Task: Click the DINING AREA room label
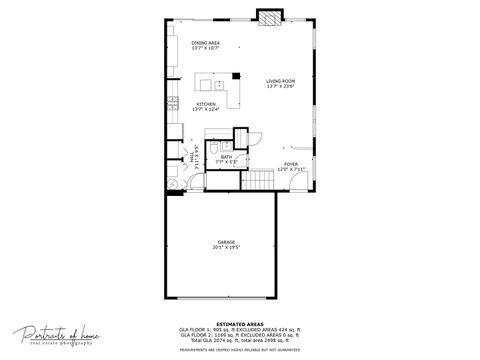[206, 43]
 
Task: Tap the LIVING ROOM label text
[280, 81]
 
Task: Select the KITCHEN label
[206, 103]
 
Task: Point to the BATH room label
[227, 156]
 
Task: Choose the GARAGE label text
[226, 243]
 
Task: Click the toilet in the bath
[215, 149]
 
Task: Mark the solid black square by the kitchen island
[235, 76]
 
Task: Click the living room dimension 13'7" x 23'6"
[280, 86]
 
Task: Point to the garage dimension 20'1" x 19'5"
[226, 248]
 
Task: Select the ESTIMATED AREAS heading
[240, 323]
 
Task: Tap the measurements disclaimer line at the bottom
[240, 350]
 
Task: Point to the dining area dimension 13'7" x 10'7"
[206, 48]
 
